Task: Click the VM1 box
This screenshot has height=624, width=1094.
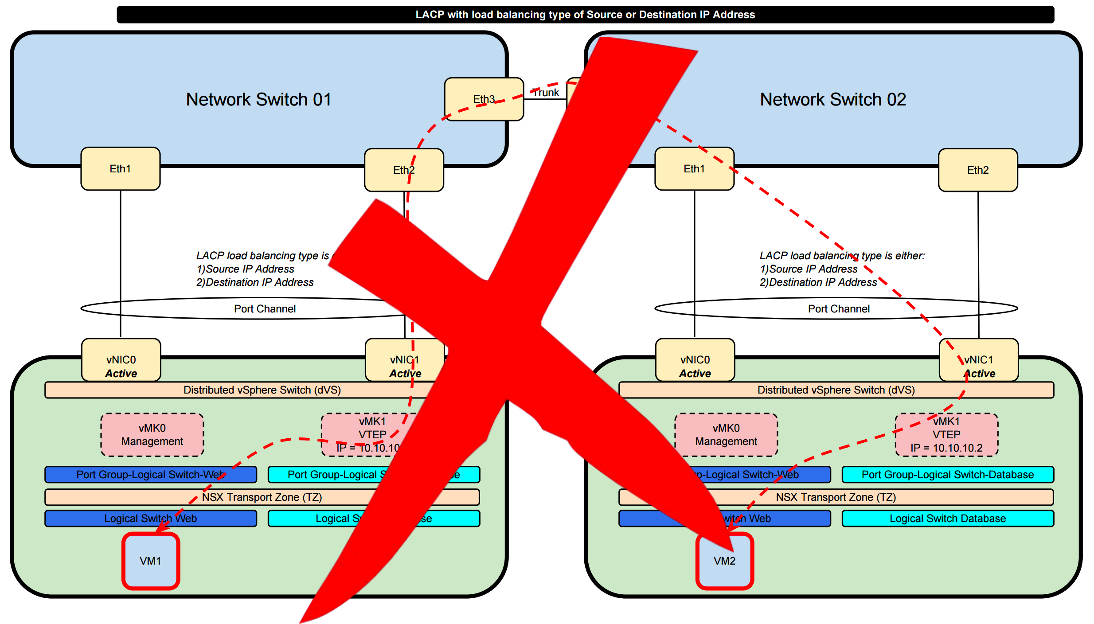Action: pyautogui.click(x=151, y=561)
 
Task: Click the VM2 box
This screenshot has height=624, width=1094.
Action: pyautogui.click(x=725, y=561)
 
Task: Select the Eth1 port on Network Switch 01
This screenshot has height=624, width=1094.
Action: pyautogui.click(x=120, y=169)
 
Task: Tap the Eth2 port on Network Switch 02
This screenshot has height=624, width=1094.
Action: pyautogui.click(x=978, y=170)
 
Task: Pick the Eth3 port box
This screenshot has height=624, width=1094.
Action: pyautogui.click(x=484, y=99)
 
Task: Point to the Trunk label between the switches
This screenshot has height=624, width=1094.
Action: pyautogui.click(x=546, y=93)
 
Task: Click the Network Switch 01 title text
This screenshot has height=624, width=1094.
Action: pyautogui.click(x=258, y=100)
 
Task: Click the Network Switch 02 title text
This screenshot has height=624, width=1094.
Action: pyautogui.click(x=833, y=100)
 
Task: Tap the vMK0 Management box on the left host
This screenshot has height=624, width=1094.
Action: pyautogui.click(x=152, y=435)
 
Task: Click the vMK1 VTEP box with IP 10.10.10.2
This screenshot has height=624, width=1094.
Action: pyautogui.click(x=946, y=435)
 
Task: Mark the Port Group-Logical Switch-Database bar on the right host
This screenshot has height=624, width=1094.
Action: pyautogui.click(x=947, y=475)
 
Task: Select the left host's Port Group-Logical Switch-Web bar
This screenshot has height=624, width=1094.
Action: pyautogui.click(x=151, y=475)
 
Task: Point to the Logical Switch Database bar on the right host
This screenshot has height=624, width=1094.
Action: pyautogui.click(x=947, y=519)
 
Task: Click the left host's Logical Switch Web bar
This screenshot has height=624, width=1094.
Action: pyautogui.click(x=151, y=519)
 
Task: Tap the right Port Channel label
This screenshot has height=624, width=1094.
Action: pyautogui.click(x=839, y=309)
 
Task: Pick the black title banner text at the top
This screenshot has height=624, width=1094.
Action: pyautogui.click(x=585, y=15)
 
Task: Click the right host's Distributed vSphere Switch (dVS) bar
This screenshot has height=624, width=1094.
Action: pyautogui.click(x=836, y=390)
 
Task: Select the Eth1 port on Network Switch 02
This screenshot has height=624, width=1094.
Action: pyautogui.click(x=694, y=169)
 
